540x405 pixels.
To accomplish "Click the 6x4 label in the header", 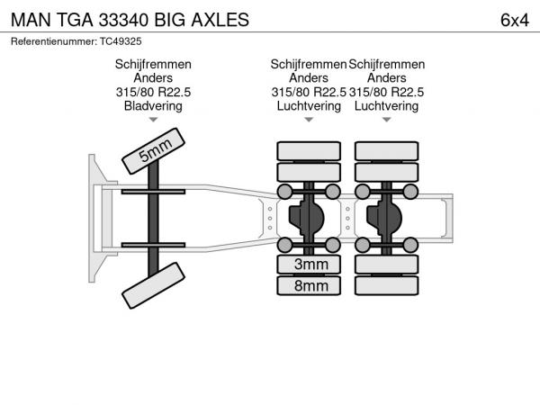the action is click(x=515, y=20).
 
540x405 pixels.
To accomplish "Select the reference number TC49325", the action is click(x=121, y=41).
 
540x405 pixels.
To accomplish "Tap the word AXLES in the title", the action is click(x=220, y=20).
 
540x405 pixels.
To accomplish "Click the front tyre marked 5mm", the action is click(x=153, y=151).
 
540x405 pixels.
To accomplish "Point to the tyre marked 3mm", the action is click(x=309, y=265).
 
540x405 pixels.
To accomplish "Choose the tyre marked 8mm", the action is click(x=309, y=285).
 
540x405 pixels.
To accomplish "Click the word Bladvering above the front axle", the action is click(x=153, y=105).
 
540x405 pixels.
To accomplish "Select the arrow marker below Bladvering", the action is click(x=153, y=120).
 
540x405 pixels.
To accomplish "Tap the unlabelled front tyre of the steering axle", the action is click(x=153, y=285).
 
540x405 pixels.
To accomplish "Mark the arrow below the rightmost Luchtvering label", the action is click(x=387, y=120).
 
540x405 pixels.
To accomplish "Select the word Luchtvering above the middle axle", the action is click(x=309, y=105).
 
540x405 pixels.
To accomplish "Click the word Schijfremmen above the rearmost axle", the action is click(x=387, y=65).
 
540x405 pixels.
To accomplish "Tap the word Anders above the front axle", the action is click(x=153, y=77).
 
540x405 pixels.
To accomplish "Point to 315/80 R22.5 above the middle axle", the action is click(x=309, y=92).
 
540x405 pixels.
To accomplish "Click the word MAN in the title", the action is click(x=31, y=20).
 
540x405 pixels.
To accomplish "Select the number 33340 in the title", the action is click(x=123, y=20).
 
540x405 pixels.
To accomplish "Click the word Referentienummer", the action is click(x=54, y=41).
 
